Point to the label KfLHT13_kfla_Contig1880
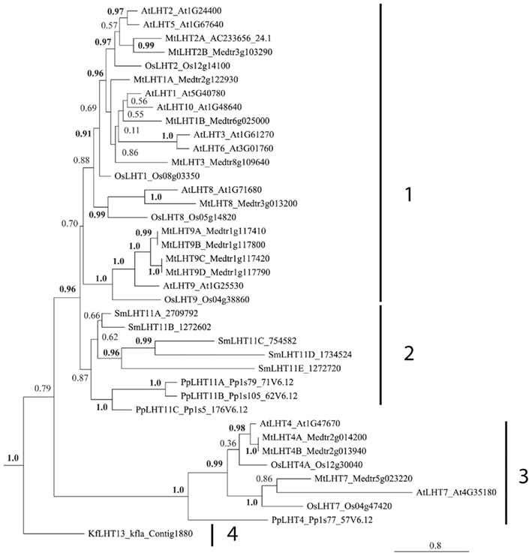click(x=136, y=534)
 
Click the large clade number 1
click(x=408, y=196)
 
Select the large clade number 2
click(x=409, y=354)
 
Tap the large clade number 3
click(x=523, y=475)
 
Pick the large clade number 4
click(x=233, y=535)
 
